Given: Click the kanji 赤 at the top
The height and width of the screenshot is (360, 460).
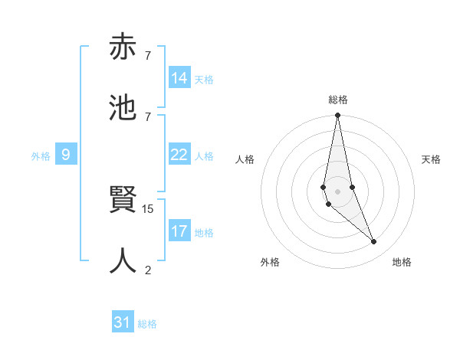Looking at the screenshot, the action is tap(123, 48).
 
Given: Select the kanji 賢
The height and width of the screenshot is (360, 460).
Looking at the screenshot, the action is tap(123, 201).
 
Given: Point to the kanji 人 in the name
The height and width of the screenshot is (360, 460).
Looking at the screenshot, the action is tap(123, 260).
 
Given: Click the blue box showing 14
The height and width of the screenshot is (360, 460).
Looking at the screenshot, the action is tap(179, 78).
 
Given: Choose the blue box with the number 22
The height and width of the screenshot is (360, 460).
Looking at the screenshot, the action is tap(179, 155).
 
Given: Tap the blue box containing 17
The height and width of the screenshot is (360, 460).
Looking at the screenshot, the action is tap(179, 231).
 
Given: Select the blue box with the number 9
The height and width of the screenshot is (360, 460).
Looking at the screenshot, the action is tap(66, 155).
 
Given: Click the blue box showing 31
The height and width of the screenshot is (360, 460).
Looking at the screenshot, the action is tap(123, 322).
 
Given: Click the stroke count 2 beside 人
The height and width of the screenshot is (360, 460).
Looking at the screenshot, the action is tap(148, 269).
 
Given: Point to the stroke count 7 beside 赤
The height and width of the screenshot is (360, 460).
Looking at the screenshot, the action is tap(148, 55).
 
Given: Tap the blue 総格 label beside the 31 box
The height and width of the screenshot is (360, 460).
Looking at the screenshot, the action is tap(147, 324).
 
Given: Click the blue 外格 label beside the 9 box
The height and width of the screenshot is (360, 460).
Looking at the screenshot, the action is tap(41, 156).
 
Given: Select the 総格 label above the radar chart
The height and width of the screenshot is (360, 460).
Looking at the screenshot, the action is tap(338, 100).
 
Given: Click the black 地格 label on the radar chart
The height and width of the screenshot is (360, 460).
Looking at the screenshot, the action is tap(402, 262).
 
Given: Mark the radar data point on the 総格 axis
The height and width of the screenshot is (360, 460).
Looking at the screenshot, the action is tap(337, 116).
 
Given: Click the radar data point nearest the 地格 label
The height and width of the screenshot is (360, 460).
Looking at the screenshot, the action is tap(374, 242).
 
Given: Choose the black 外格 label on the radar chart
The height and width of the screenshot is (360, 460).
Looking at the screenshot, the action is tap(270, 262).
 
